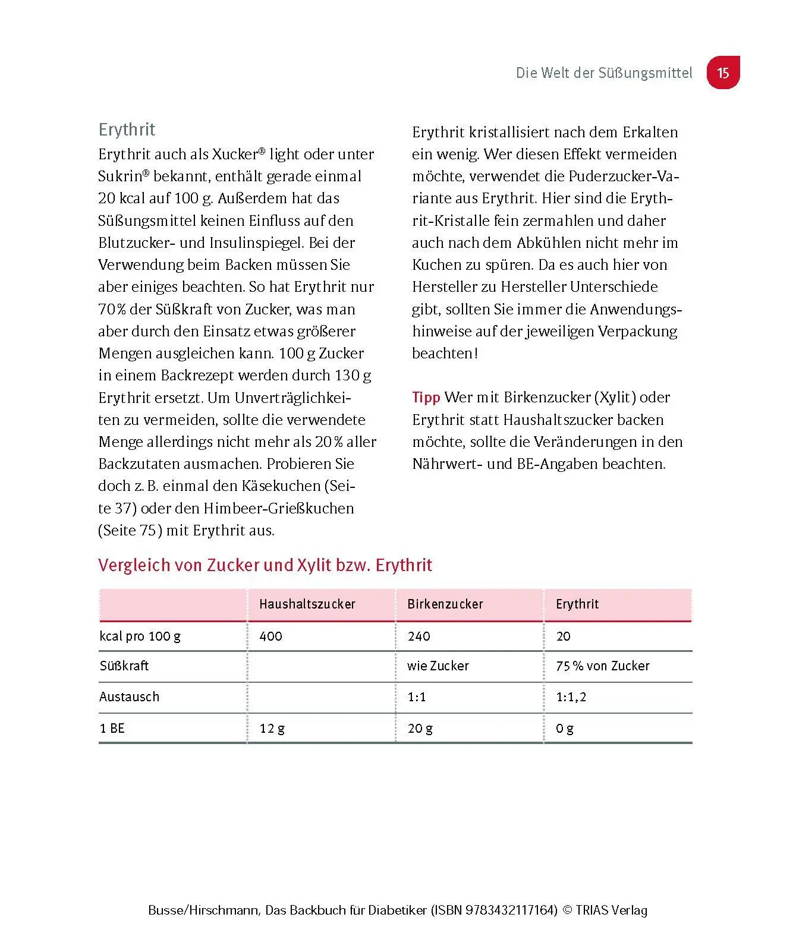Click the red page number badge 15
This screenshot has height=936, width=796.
(x=723, y=73)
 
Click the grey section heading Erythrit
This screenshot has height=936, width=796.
(x=127, y=130)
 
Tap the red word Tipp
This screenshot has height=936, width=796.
(x=426, y=398)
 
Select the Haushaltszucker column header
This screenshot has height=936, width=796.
(x=307, y=604)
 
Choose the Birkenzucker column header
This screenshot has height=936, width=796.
(x=445, y=604)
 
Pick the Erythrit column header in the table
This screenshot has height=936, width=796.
(x=577, y=604)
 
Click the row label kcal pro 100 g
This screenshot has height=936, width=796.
(x=140, y=636)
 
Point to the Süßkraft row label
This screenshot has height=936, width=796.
(x=124, y=666)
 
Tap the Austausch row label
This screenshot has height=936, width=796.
(x=129, y=697)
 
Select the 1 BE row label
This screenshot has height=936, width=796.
(x=112, y=729)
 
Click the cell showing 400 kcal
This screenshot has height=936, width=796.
(x=270, y=636)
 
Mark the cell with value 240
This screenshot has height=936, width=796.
(x=419, y=636)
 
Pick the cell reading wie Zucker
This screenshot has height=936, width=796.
(x=438, y=666)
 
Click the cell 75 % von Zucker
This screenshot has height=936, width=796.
(x=602, y=666)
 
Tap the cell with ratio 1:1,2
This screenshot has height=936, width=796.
(x=571, y=697)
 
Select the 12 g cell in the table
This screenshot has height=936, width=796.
(x=272, y=729)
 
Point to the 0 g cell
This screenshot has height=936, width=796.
(x=564, y=729)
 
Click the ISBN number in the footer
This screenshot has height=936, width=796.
(x=494, y=910)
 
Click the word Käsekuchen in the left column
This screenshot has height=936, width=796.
(x=281, y=486)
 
